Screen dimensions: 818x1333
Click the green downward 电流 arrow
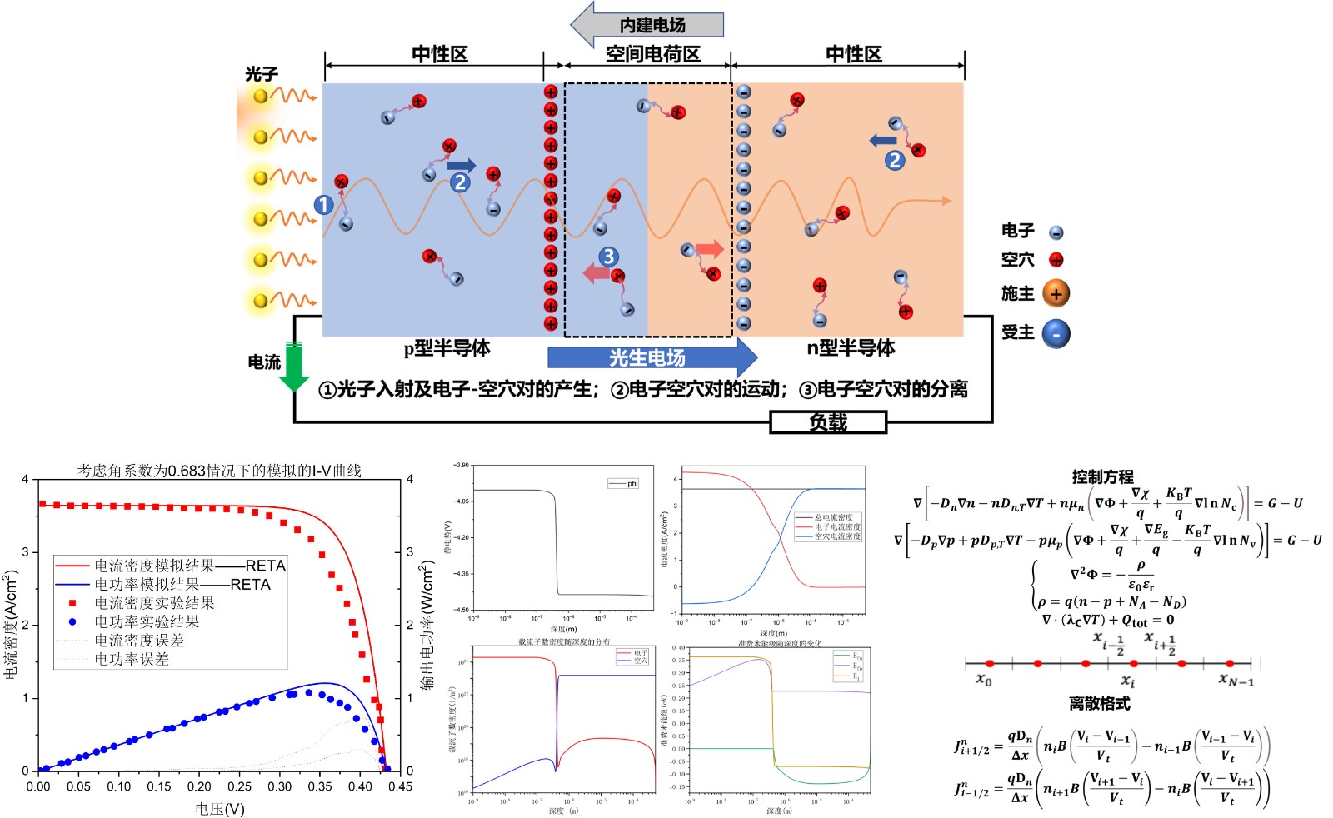pos(293,367)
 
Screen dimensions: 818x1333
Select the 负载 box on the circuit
pos(828,422)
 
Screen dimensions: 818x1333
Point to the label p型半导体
pos(447,348)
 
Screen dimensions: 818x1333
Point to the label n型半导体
pos(851,347)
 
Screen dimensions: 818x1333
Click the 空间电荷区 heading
pos(652,55)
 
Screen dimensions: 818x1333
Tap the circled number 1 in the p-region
pos(324,204)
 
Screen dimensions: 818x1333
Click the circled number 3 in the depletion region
pos(609,256)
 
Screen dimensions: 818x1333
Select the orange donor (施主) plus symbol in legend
pos(1056,294)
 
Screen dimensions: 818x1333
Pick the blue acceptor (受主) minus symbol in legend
pos(1056,334)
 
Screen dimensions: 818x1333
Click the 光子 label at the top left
pos(261,74)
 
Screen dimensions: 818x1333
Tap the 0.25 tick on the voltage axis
pos(240,786)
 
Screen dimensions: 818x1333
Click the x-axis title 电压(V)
pos(220,809)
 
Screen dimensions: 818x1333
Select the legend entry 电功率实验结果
pos(147,621)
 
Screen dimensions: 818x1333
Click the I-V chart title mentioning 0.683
pos(219,471)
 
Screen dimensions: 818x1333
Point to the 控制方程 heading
pos(1102,476)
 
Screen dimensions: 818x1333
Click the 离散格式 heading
pos(1099,703)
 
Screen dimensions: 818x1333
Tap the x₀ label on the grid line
pos(984,680)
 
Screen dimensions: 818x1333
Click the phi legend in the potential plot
pos(624,483)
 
